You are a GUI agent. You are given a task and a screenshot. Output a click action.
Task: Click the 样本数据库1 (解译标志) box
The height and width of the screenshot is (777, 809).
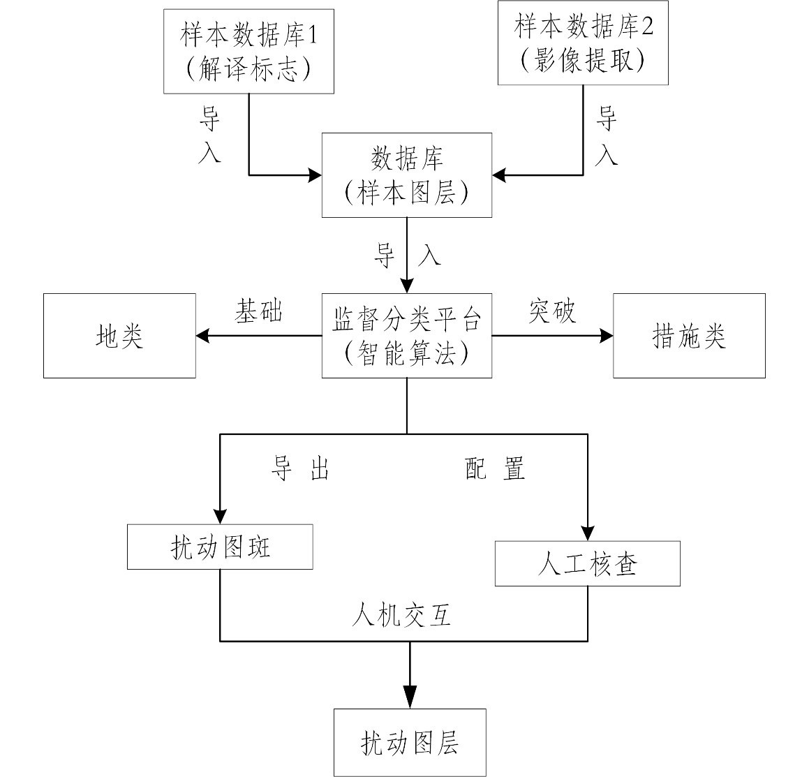pos(248,51)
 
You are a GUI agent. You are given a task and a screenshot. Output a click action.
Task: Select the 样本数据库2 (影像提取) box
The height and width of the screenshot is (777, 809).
pos(583,43)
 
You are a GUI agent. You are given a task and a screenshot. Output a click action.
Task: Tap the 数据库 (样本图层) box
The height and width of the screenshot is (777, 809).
pos(407,175)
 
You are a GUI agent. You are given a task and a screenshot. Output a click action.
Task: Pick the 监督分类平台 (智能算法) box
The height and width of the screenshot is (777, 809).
pos(407,336)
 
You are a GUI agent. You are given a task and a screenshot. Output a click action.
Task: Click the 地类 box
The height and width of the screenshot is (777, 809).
pos(119,336)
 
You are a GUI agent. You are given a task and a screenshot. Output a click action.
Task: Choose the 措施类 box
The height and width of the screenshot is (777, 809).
pos(689,336)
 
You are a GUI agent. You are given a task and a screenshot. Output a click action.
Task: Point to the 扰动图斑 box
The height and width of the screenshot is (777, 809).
pos(220,547)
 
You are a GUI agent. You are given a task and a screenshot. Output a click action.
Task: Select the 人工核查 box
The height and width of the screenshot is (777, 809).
pos(587,563)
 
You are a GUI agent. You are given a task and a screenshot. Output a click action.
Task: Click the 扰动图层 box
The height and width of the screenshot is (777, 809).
pos(410,742)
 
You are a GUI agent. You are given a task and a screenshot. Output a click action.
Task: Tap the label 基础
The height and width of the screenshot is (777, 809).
pos(258,311)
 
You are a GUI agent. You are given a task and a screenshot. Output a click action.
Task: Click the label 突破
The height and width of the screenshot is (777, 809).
pos(552,311)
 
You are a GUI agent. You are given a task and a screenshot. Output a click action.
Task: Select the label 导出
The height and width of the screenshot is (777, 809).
pos(300,469)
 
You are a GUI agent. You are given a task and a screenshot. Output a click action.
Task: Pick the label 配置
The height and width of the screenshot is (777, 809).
pos(496,469)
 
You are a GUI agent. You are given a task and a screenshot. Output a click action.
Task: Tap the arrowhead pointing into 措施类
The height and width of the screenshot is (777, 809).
pos(606,336)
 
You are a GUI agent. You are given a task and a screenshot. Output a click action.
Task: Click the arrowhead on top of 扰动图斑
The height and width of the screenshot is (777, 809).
pos(220,517)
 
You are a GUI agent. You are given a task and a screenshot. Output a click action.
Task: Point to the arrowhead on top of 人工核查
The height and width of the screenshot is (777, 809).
pos(587,533)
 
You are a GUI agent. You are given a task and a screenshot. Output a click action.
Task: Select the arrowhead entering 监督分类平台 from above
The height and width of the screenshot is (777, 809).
pos(407,286)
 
